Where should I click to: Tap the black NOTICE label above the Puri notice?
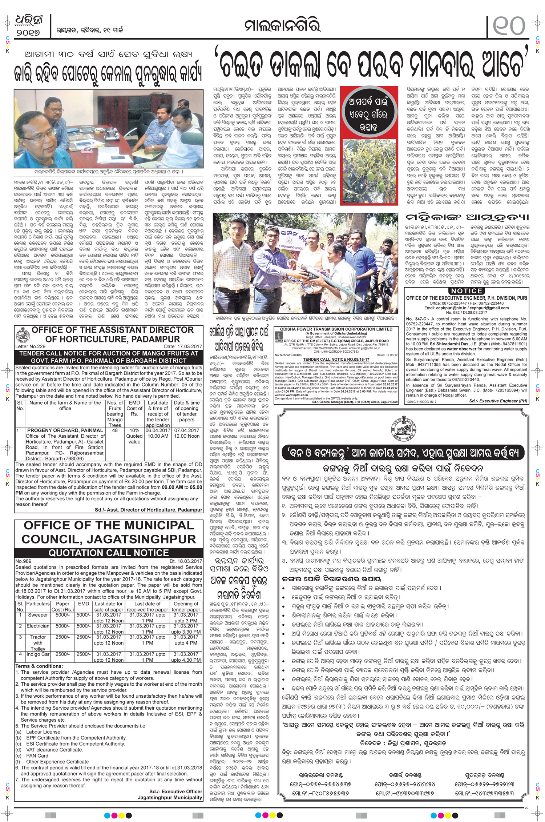(467, 291)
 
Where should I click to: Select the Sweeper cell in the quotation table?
(38, 615)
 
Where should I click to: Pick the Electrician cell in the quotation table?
(38, 626)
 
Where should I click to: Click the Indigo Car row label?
(38, 654)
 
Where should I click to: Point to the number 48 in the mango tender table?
(115, 430)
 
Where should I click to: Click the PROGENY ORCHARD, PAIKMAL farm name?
(65, 430)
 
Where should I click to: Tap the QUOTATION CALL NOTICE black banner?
(109, 553)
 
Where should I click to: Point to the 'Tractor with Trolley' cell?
(38, 643)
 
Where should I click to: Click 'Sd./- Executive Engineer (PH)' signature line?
(498, 401)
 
